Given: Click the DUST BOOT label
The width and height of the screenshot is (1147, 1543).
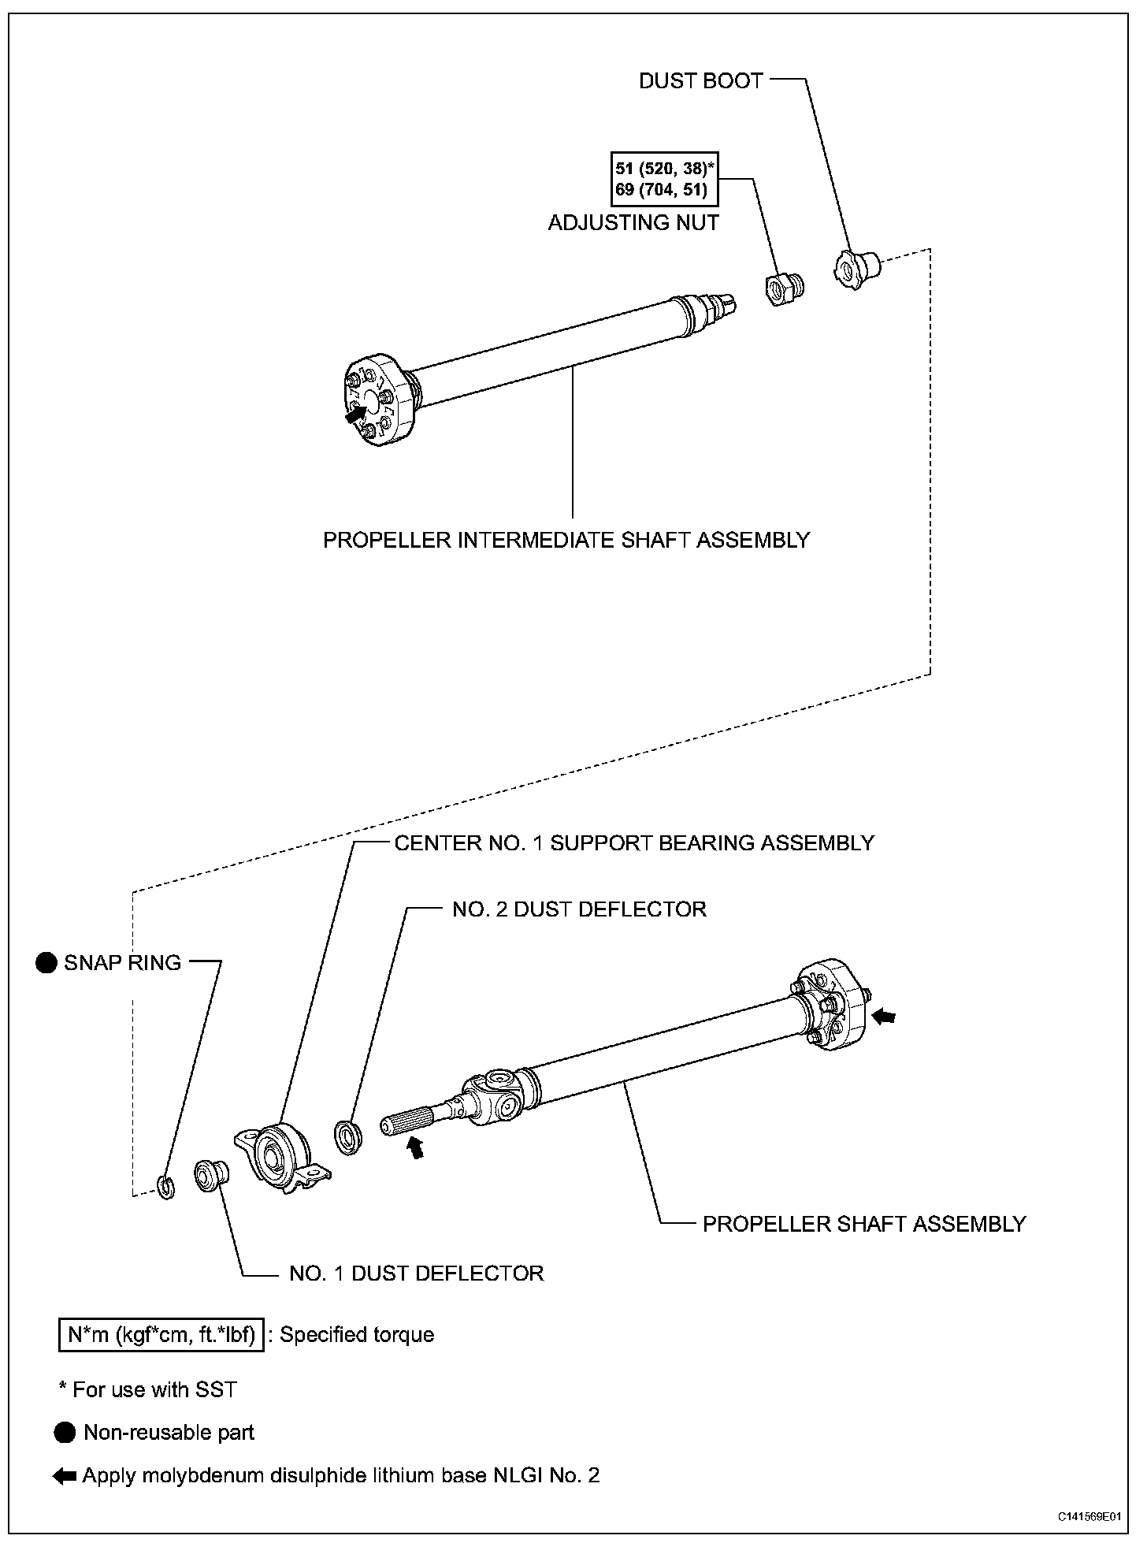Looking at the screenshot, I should (700, 80).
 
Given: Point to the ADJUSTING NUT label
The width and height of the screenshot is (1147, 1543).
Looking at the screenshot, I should (633, 223).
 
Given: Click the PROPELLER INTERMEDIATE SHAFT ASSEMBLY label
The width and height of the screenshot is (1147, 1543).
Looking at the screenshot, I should (566, 540).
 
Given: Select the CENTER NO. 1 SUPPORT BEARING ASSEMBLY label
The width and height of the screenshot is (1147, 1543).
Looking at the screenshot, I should (634, 842).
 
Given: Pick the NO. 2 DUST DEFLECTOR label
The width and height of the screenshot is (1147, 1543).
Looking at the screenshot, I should (579, 909).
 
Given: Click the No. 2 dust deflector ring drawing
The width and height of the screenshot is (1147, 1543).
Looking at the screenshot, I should (347, 1137).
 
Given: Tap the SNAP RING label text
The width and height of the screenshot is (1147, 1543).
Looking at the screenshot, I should (122, 962).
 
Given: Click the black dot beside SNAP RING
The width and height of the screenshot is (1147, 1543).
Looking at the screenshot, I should (46, 962).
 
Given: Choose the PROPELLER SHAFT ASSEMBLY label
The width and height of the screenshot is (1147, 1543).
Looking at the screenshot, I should (863, 1224).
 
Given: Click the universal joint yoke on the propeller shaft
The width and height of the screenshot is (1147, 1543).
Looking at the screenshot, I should (493, 1096).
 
